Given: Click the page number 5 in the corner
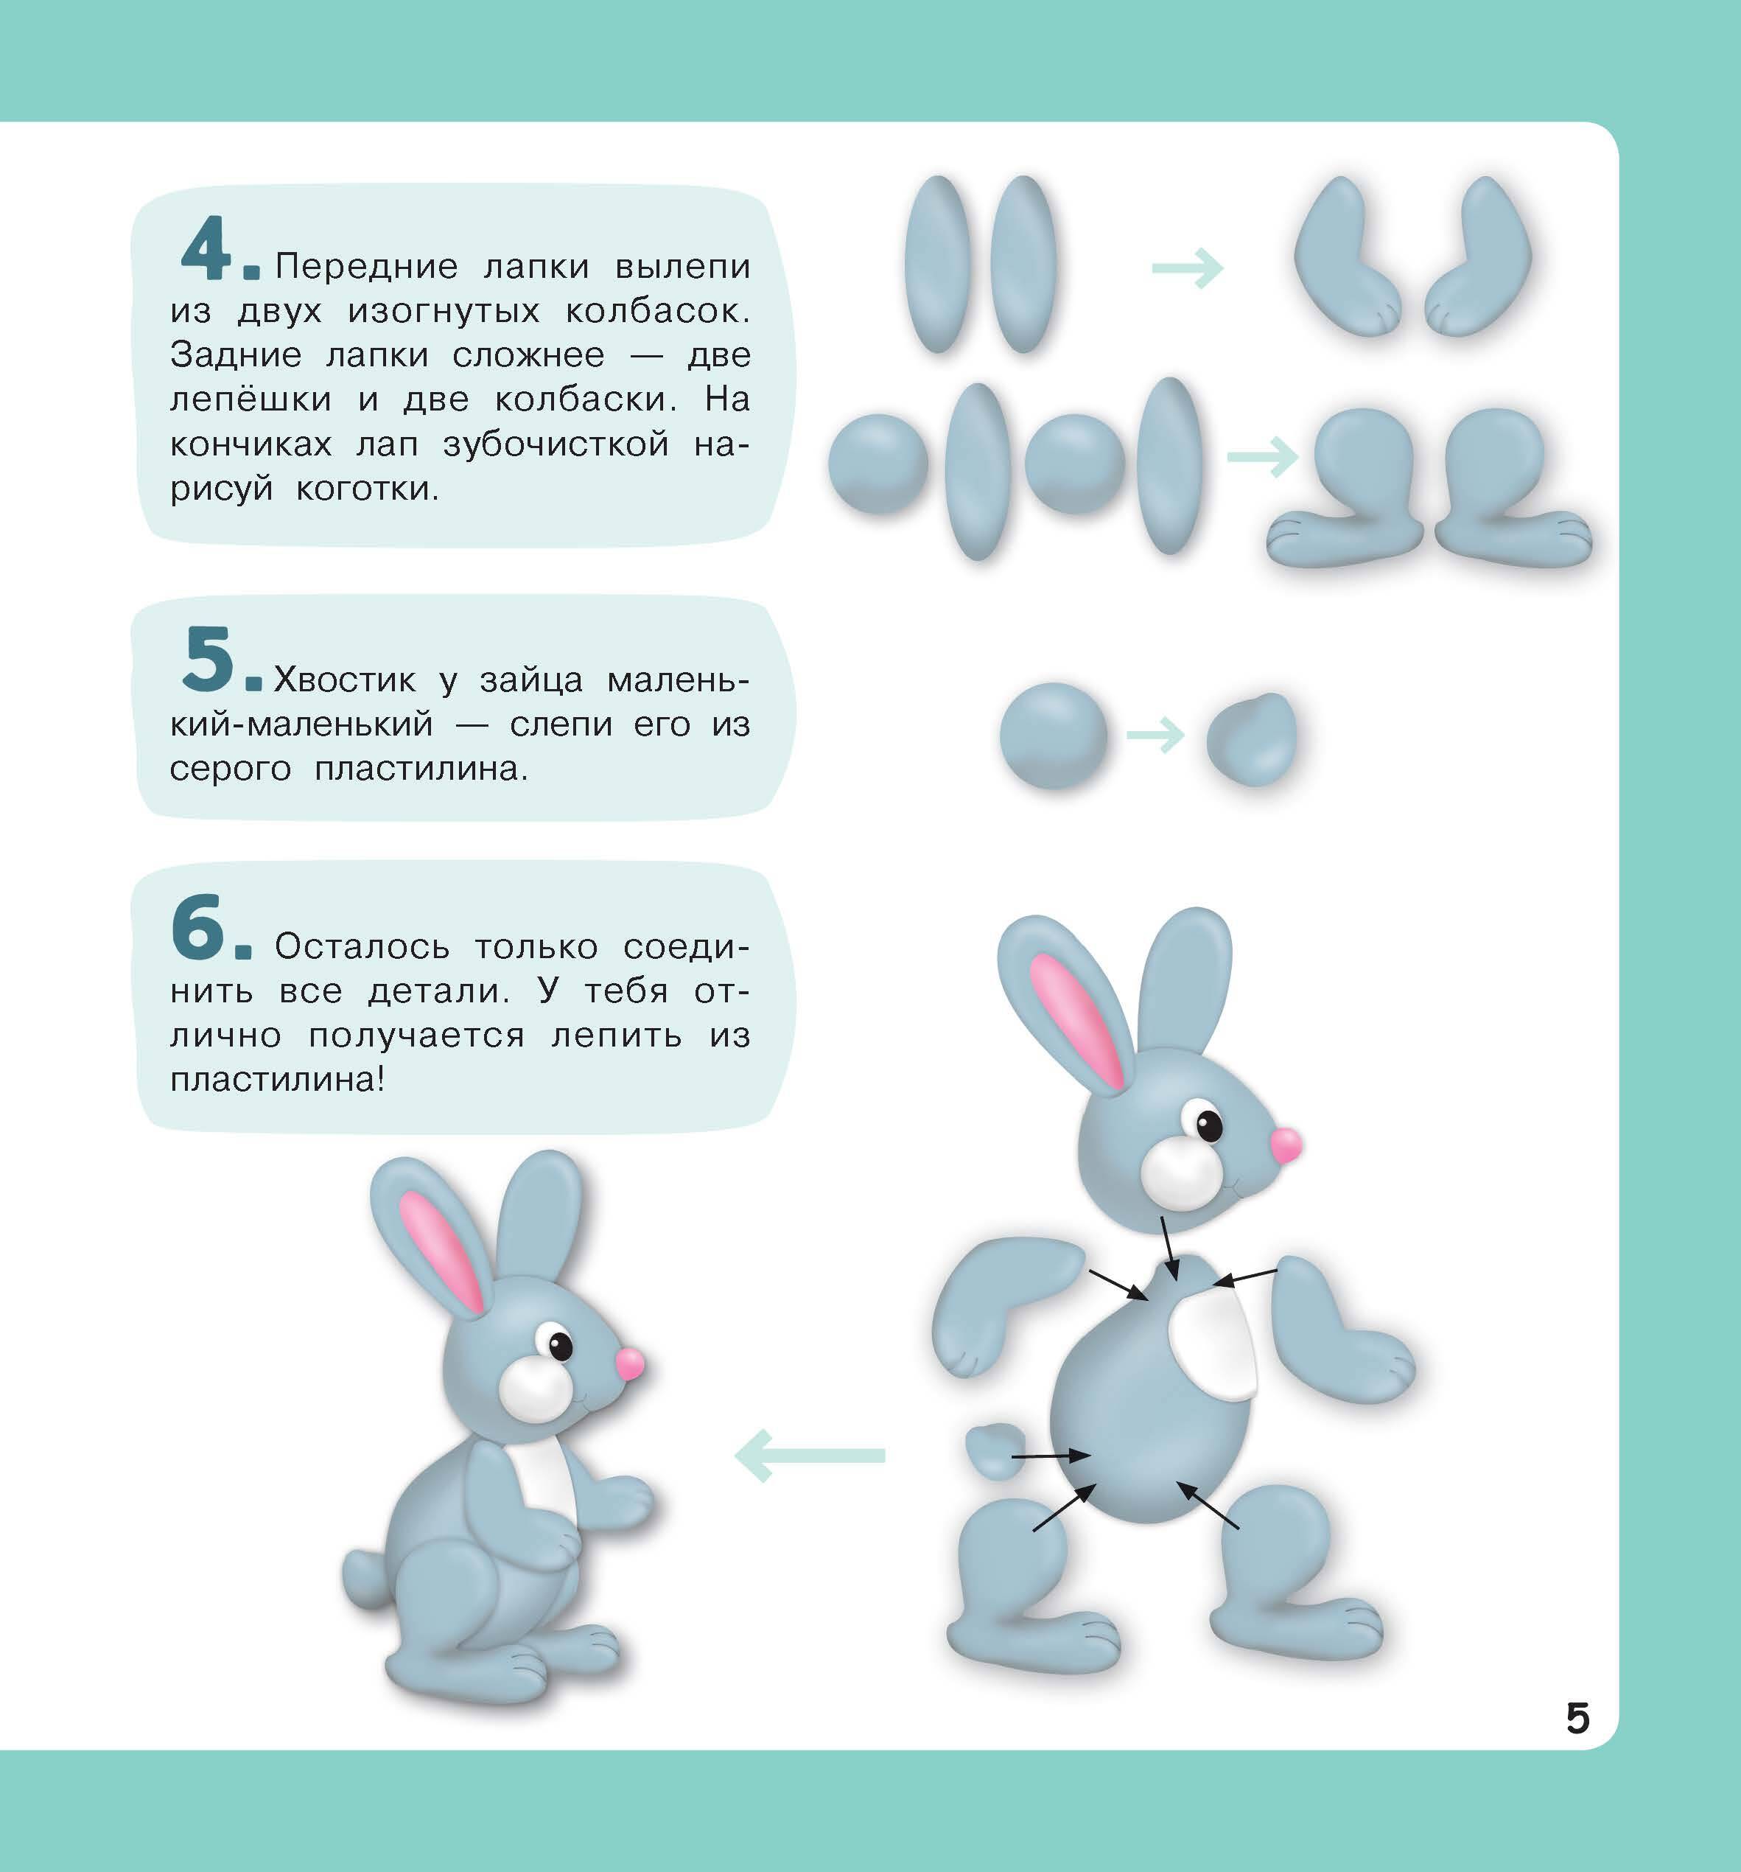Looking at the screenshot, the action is pyautogui.click(x=1578, y=1719).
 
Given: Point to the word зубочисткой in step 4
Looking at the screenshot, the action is pyautogui.click(x=556, y=444).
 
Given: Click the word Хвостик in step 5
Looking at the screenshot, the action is pyautogui.click(x=345, y=680).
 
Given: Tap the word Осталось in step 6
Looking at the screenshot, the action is pyautogui.click(x=362, y=946).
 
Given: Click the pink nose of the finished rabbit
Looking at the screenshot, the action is pyautogui.click(x=630, y=1363).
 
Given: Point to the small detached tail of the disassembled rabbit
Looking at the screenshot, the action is pyautogui.click(x=995, y=1451).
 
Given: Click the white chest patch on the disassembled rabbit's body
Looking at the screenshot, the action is pyautogui.click(x=1213, y=1345).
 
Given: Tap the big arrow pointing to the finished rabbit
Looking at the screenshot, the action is pyautogui.click(x=810, y=1455).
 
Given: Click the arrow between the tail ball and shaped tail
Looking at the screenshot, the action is pyautogui.click(x=1155, y=735).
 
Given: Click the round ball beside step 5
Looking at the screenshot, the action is pyautogui.click(x=1054, y=736).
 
